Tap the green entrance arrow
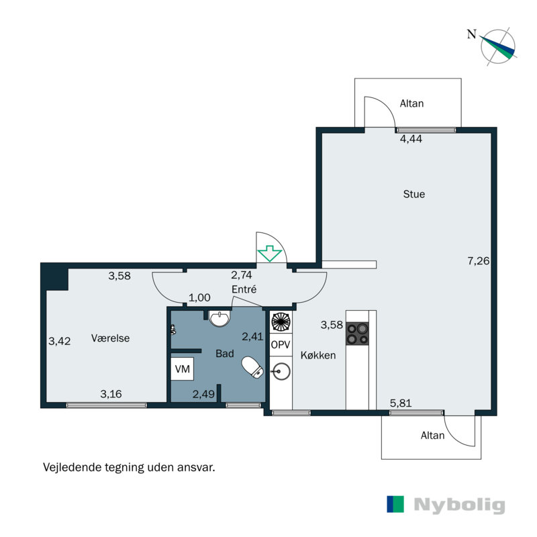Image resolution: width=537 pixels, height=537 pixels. [x=270, y=253]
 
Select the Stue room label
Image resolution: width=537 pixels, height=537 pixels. [x=413, y=195]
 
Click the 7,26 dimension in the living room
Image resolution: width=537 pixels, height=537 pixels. [x=479, y=261]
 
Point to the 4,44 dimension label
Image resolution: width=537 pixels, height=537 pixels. [x=411, y=139]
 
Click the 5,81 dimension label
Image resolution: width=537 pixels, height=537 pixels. [x=401, y=403]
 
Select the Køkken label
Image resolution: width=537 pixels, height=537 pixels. [x=320, y=356]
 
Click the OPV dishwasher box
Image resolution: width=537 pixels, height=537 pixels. [x=281, y=344]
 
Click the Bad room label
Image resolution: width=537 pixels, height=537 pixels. [x=224, y=353]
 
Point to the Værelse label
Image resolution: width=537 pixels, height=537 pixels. [x=110, y=338]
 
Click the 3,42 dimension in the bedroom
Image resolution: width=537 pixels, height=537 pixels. [x=59, y=341]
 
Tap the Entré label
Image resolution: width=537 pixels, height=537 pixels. [x=244, y=289]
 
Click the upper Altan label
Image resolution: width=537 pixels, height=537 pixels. [x=411, y=103]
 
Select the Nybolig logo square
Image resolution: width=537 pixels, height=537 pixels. [x=395, y=505]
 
